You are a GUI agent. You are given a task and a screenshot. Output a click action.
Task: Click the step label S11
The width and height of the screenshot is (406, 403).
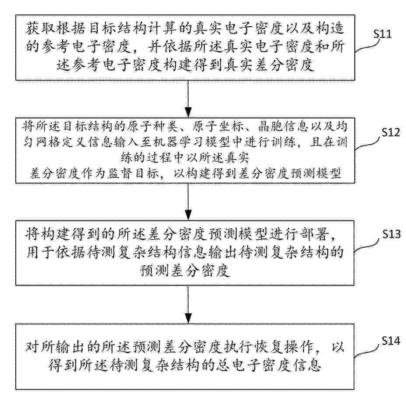(x=382, y=34)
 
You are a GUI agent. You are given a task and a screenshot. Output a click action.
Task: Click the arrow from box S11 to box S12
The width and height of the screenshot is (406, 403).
(x=188, y=99)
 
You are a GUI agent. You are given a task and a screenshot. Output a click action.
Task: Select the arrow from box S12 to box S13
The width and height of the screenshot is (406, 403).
(x=188, y=202)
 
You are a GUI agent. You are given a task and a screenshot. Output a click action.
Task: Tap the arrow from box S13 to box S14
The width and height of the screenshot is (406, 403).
(x=188, y=304)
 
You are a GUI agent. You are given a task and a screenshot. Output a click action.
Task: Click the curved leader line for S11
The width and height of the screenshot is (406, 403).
(x=364, y=46)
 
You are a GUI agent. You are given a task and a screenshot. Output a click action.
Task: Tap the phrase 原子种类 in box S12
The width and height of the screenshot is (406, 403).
(x=153, y=126)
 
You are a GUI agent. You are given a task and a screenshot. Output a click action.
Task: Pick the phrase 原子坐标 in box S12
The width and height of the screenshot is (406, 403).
(x=218, y=126)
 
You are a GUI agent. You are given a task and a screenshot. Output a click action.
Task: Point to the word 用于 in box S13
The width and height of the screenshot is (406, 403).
(x=40, y=252)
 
